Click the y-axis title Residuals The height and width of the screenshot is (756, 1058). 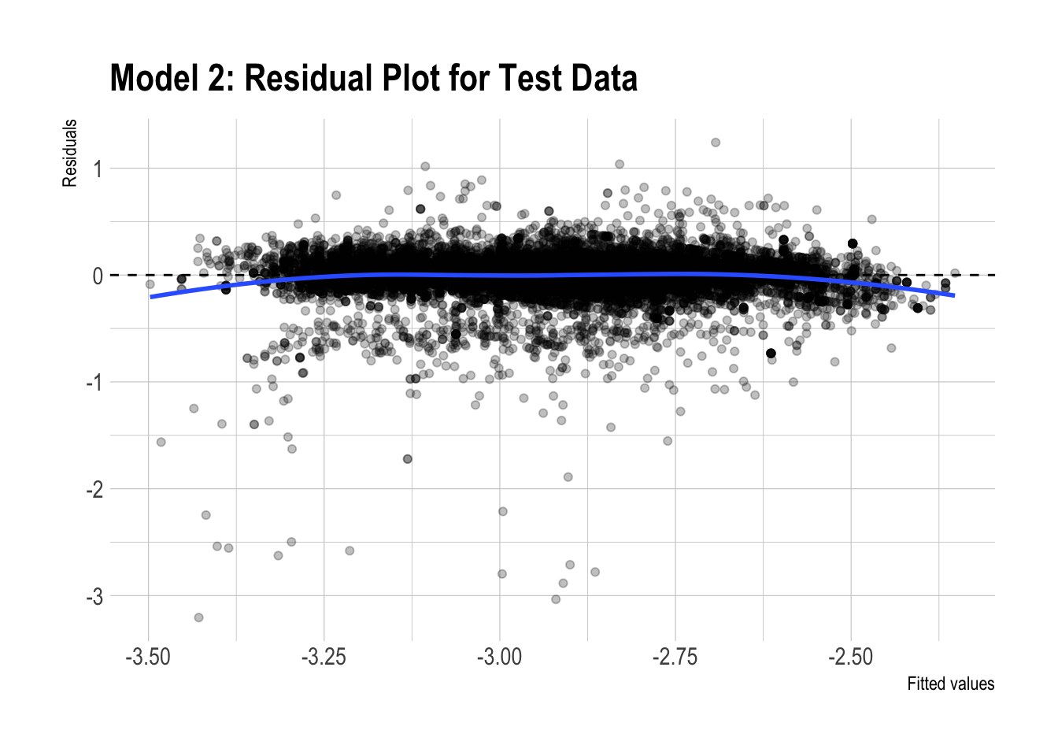(x=70, y=153)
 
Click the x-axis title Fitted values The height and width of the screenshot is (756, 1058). (x=950, y=684)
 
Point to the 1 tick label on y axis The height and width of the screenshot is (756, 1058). (x=98, y=169)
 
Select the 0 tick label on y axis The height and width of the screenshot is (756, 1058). (x=98, y=276)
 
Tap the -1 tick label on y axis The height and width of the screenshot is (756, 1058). (x=94, y=383)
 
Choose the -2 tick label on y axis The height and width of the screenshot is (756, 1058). (x=94, y=490)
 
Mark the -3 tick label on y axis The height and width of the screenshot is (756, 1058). (x=94, y=597)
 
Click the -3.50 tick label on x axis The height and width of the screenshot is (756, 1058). (x=148, y=657)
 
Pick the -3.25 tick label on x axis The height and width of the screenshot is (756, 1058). (x=324, y=657)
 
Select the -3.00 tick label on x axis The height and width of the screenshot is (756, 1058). (x=499, y=657)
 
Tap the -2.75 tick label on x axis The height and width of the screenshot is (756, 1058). (x=675, y=657)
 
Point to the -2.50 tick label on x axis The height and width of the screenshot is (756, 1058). (x=850, y=657)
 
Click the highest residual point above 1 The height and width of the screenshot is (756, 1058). (x=716, y=143)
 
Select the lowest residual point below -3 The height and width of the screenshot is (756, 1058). (x=198, y=617)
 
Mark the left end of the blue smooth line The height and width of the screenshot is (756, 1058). (x=150, y=297)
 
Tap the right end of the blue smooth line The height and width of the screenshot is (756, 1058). (x=954, y=295)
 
